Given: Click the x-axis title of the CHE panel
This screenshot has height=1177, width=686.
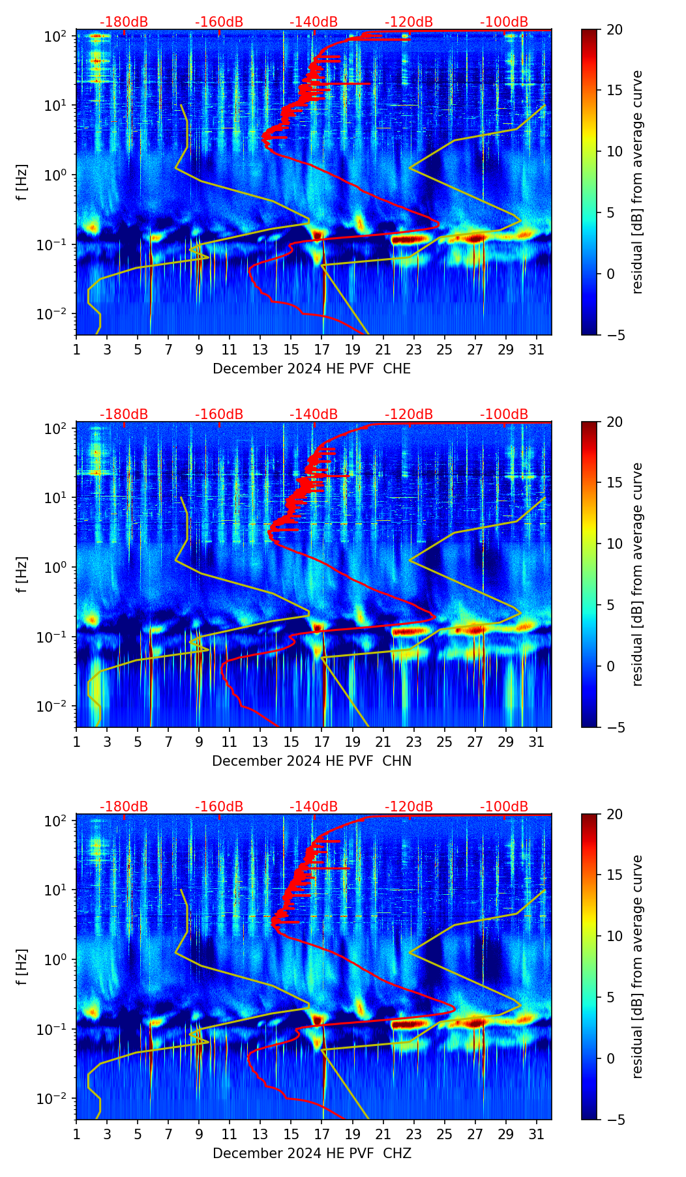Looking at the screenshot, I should click(312, 369).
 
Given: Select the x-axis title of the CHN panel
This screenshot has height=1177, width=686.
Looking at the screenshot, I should click(312, 761).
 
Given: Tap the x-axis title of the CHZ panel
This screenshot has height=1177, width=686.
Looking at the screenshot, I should click(312, 1154).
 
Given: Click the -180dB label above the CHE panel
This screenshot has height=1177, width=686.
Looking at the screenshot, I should click(124, 22).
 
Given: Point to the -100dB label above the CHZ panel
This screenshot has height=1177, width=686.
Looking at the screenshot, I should click(504, 807).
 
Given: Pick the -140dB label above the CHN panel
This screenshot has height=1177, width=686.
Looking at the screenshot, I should click(314, 414).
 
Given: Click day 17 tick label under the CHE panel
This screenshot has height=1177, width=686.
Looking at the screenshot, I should click(322, 349).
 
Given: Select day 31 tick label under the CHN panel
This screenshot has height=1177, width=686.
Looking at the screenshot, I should click(536, 742).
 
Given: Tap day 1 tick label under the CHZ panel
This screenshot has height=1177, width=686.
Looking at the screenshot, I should click(76, 1134).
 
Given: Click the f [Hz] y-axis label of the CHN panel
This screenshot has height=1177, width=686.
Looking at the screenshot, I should click(22, 574).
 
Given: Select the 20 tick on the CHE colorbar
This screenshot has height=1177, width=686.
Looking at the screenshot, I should click(614, 29).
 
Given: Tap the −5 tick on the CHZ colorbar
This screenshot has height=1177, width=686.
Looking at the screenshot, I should click(614, 1120).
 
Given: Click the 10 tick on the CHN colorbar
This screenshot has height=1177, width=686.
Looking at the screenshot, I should click(614, 544).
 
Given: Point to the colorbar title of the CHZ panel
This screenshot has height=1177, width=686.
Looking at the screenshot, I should click(637, 966).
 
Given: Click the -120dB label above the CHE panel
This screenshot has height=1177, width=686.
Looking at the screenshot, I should click(409, 22).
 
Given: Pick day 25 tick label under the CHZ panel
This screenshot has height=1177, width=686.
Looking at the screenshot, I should click(444, 1134).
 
